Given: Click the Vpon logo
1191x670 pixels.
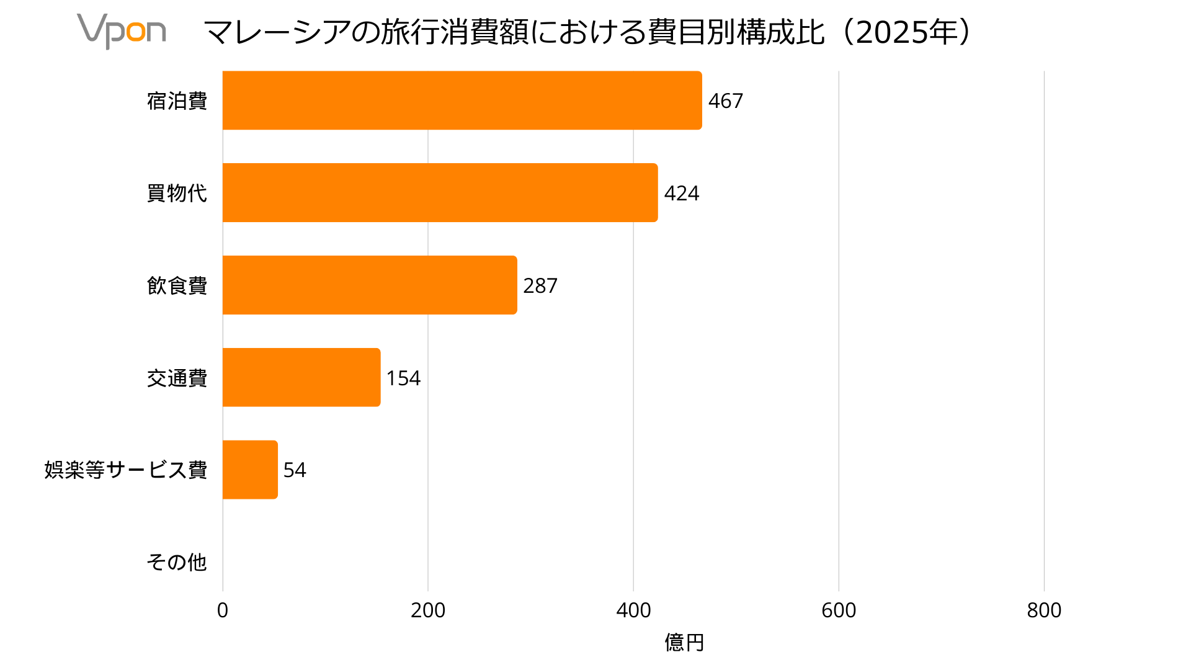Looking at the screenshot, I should coord(122,30).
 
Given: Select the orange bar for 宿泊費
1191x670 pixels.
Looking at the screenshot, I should coord(462,100).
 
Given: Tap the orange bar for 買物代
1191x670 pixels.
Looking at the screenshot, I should coord(440,193).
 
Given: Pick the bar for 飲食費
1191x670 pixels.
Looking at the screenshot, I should coord(370,285).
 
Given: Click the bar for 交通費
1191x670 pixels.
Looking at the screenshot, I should coord(301,377).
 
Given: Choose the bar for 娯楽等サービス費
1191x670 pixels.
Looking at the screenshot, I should coord(250,470).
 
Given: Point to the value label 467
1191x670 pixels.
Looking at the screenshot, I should coord(725,100).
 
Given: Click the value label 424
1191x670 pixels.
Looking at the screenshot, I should coord(681,193).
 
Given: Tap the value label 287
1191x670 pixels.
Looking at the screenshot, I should coord(540,285).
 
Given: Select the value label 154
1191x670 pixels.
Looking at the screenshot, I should coord(403,378).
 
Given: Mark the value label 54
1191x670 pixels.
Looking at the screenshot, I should coord(295,470).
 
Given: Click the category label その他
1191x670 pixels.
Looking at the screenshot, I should coord(177,562).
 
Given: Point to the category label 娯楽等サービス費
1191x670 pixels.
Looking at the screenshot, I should coord(126,470).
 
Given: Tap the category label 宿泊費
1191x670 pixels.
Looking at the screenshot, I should coord(177,100).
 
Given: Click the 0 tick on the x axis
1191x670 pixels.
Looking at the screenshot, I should coord(223,610).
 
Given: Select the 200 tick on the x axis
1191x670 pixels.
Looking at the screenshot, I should coord(428,610).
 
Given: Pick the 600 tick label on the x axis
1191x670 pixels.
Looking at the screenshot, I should coord(839,610).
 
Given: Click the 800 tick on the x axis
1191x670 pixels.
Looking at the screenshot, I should coord(1044,610).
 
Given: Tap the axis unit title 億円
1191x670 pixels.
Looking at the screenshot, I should coord(684,642).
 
